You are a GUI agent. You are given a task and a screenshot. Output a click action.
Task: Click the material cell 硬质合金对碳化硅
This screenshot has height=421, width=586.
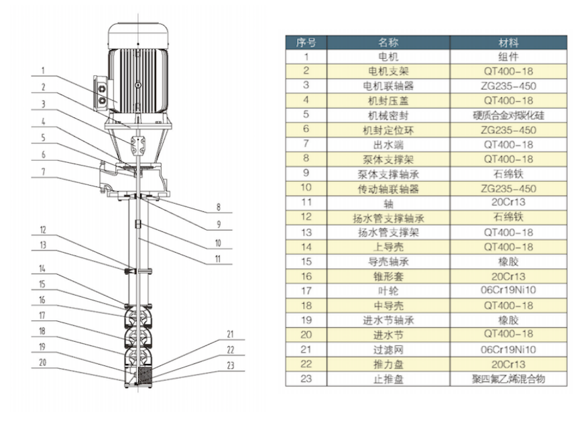coord(508,115)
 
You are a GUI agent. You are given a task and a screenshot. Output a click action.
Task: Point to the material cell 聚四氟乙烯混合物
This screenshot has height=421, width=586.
coord(508,379)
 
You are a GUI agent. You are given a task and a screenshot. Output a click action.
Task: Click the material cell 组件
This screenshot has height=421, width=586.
coord(508,56)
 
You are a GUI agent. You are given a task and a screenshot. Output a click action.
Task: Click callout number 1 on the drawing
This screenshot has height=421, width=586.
coord(42,69)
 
